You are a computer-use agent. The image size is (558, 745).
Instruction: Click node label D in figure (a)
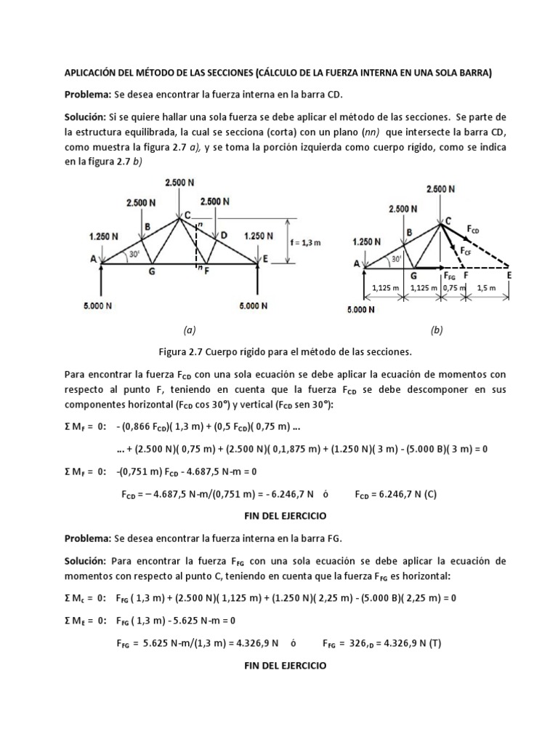coord(224,234)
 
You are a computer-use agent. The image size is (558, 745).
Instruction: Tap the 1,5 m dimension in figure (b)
coord(488,287)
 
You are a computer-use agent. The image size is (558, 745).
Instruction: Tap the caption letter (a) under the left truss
coord(190,330)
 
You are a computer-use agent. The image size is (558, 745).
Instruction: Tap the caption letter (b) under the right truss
coord(436,330)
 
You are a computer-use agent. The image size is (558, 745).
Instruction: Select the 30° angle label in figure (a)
coord(134,255)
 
